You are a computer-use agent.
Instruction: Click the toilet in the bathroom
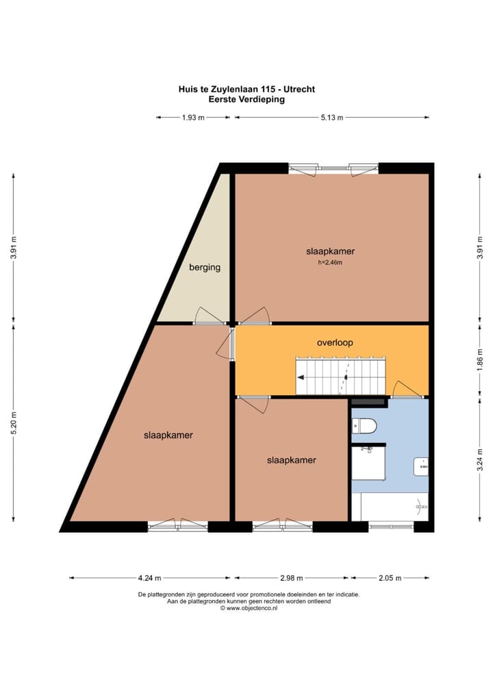(x=364, y=427)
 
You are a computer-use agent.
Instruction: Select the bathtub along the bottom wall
(x=394, y=507)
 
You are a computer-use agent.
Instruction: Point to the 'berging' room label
(x=205, y=267)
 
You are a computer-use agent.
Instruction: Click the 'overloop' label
(x=335, y=342)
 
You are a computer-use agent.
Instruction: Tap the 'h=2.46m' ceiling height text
(x=330, y=262)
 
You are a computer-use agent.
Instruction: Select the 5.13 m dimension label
(x=332, y=118)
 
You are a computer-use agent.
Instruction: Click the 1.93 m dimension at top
(x=193, y=118)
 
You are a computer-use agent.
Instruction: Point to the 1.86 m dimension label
(x=480, y=359)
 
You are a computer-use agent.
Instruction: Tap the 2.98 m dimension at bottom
(x=292, y=578)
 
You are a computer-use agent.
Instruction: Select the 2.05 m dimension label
(x=389, y=578)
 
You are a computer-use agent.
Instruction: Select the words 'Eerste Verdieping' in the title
(x=246, y=99)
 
